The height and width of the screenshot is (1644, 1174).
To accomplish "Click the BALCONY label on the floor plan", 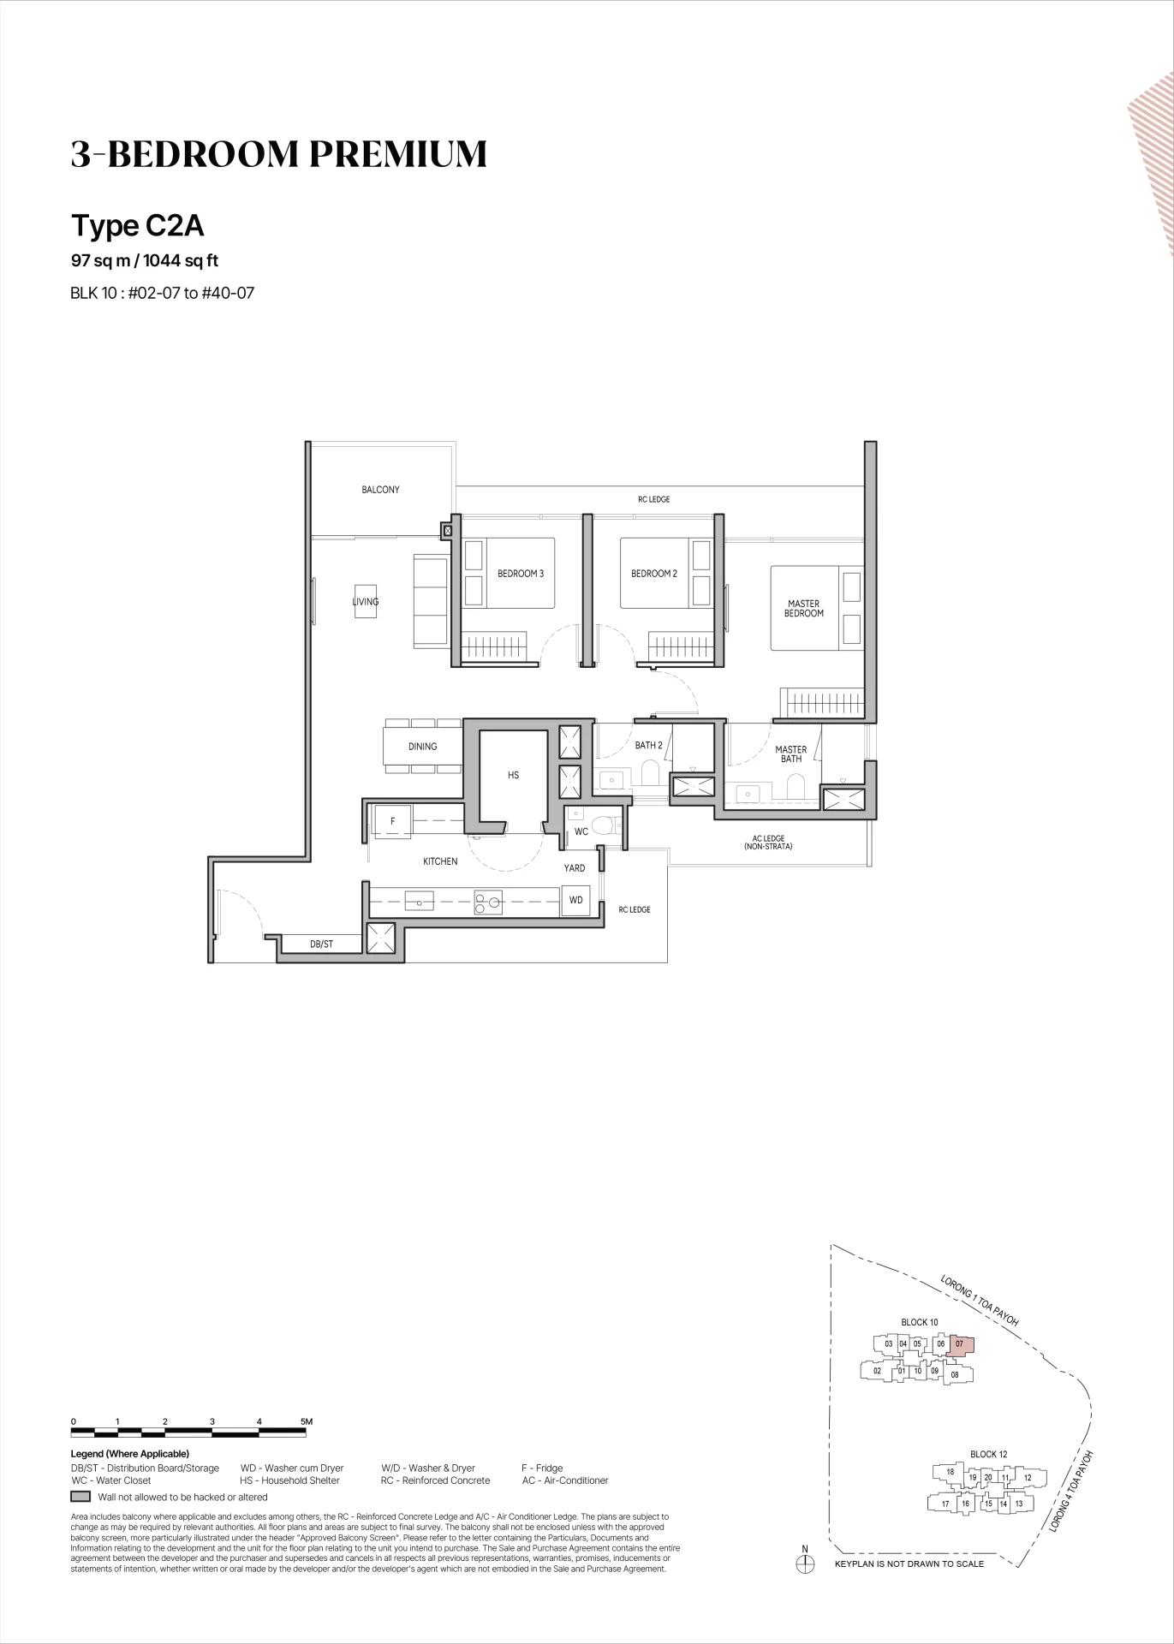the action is tap(380, 490).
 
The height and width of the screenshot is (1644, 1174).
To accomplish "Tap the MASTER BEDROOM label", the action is tap(804, 609).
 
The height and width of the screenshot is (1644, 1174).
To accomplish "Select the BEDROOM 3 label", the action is tap(521, 574).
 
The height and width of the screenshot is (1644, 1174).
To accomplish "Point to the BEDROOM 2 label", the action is tap(654, 574).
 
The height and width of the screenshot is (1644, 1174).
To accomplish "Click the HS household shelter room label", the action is tap(513, 776).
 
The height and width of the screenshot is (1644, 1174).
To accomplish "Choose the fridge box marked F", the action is tap(392, 822).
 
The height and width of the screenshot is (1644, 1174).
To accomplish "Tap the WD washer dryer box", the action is tap(576, 900).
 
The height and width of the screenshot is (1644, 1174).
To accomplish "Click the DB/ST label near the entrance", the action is tap(321, 944).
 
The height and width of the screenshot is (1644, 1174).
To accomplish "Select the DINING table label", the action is tap(422, 747).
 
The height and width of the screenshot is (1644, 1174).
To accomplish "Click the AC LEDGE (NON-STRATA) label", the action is tap(768, 843).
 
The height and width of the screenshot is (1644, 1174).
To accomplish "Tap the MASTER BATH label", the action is tap(791, 754).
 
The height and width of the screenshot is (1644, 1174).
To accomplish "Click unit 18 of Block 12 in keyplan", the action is tap(950, 1472).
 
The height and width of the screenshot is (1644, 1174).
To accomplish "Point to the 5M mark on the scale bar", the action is tap(307, 1421).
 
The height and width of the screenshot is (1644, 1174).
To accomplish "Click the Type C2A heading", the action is tap(137, 225).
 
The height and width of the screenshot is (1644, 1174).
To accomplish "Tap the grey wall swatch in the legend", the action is tap(80, 1497).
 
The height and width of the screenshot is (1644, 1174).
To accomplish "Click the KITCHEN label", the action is tap(440, 861).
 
